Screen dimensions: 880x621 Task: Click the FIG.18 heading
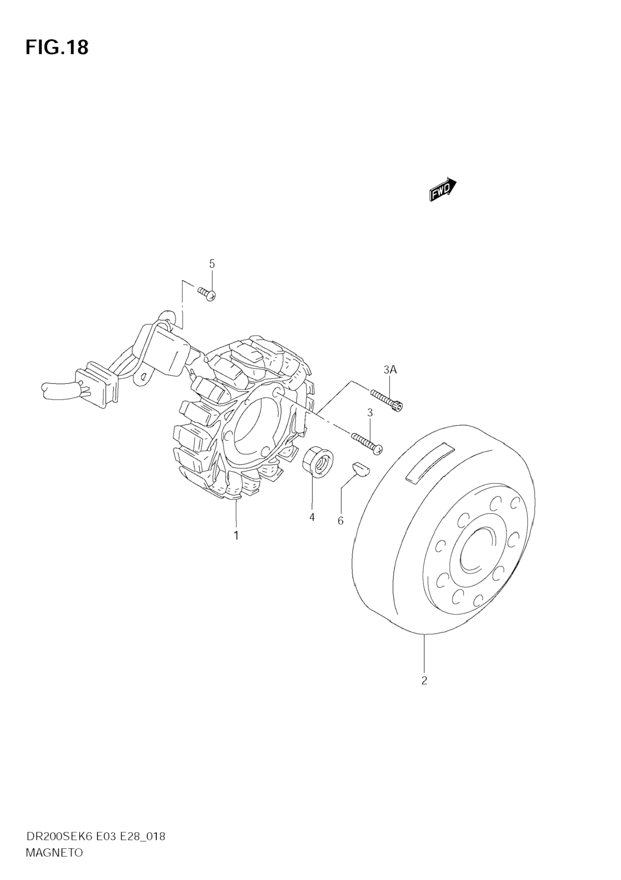click(57, 47)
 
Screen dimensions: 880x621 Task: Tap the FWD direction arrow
click(443, 190)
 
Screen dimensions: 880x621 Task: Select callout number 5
click(212, 264)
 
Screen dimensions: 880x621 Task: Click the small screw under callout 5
click(207, 294)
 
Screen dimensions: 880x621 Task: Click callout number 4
click(312, 517)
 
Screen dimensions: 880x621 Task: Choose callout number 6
click(340, 521)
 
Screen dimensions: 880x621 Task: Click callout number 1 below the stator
click(236, 536)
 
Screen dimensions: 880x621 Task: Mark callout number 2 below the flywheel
click(424, 681)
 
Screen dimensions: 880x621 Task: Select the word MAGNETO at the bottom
click(54, 860)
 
